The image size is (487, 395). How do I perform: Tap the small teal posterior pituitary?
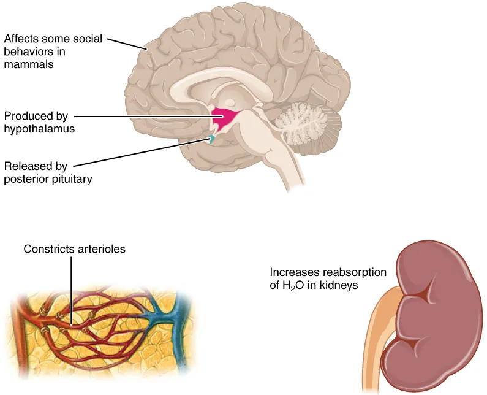click(x=211, y=139)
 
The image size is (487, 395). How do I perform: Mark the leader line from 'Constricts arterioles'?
click(x=71, y=288)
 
